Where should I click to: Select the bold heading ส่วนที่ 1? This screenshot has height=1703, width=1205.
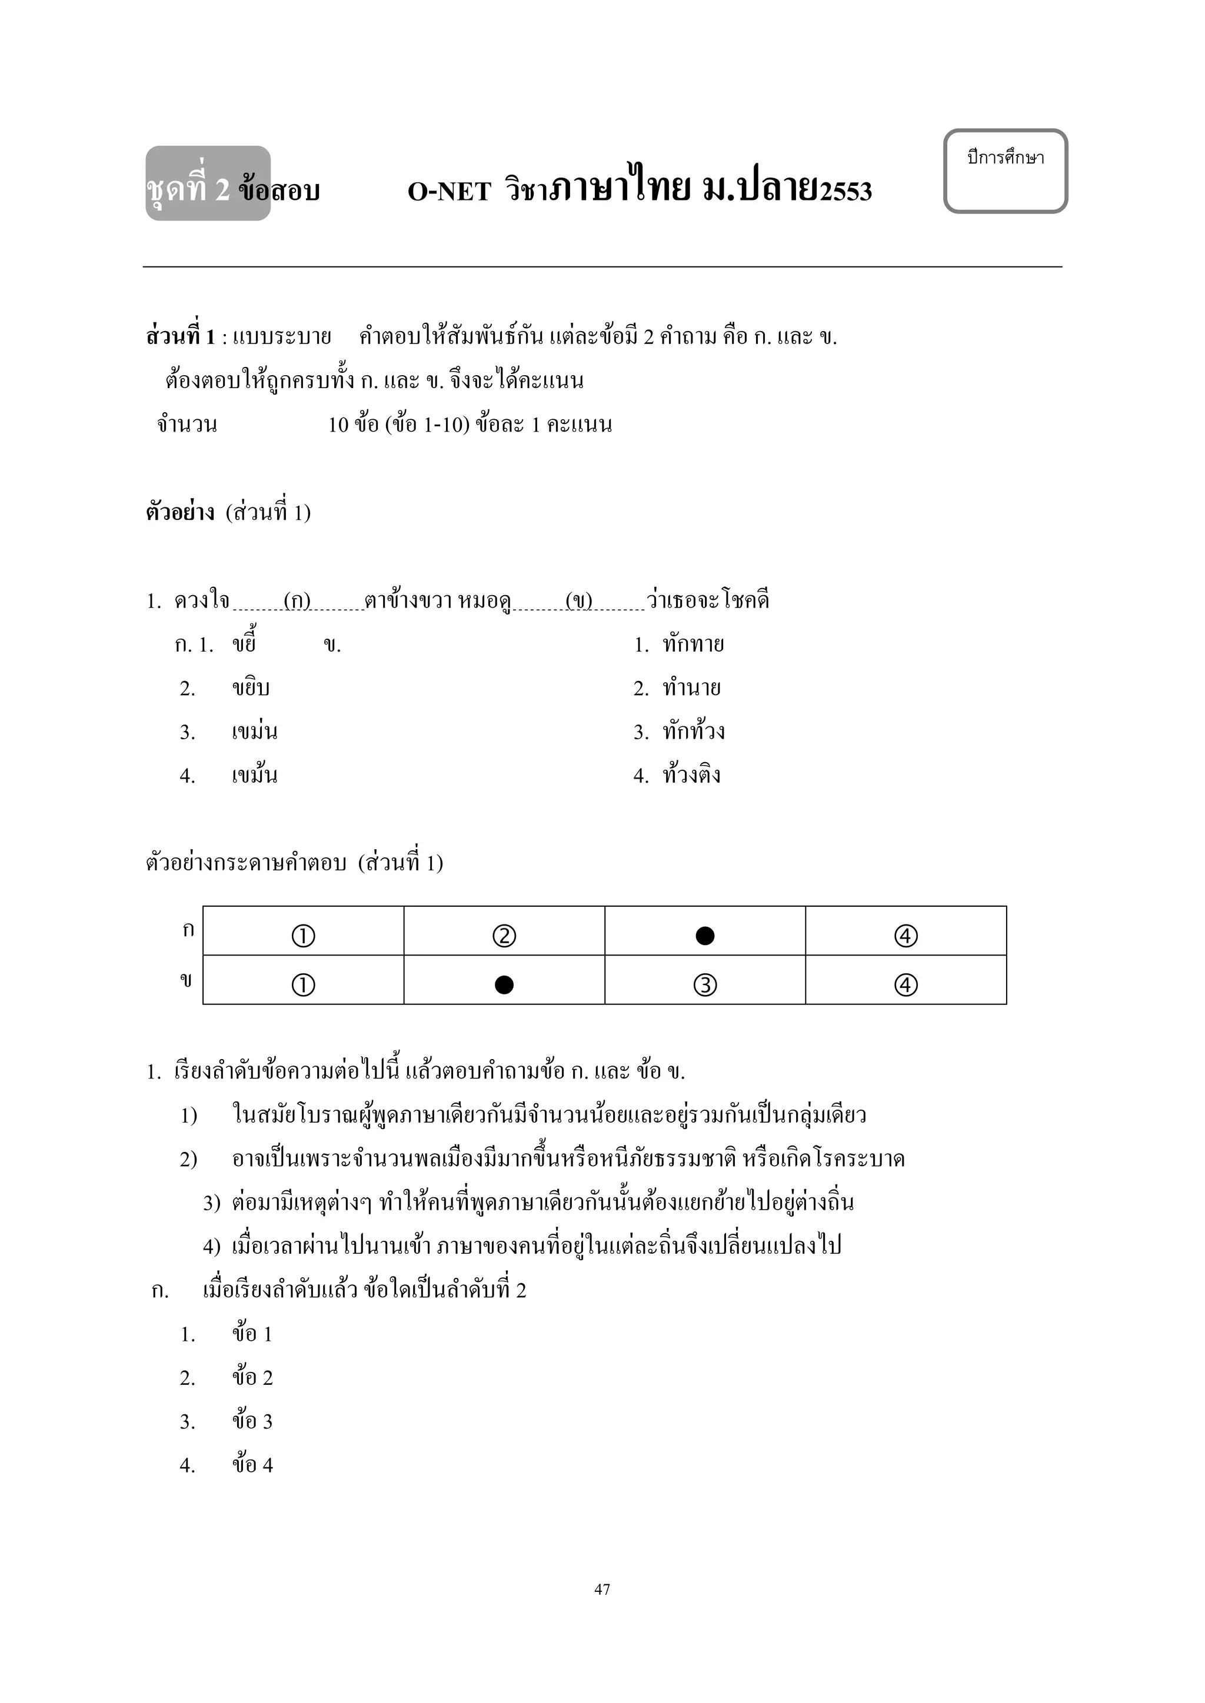pyautogui.click(x=180, y=338)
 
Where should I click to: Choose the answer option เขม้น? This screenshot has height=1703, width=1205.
pyautogui.click(x=255, y=776)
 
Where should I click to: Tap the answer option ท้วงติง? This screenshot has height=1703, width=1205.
pyautogui.click(x=691, y=776)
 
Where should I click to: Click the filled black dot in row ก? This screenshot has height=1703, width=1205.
pyautogui.click(x=705, y=936)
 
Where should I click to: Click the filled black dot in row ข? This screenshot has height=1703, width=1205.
pyautogui.click(x=504, y=985)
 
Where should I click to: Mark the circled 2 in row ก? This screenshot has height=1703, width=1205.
pyautogui.click(x=504, y=936)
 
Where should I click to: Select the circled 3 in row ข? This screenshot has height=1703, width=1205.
pyautogui.click(x=705, y=985)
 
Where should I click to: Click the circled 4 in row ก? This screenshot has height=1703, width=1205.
pyautogui.click(x=906, y=936)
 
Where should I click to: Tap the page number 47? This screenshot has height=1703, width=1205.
pyautogui.click(x=602, y=1589)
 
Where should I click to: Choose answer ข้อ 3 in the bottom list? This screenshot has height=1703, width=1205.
pyautogui.click(x=252, y=1422)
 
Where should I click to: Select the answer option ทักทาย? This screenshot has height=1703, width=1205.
pyautogui.click(x=693, y=645)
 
